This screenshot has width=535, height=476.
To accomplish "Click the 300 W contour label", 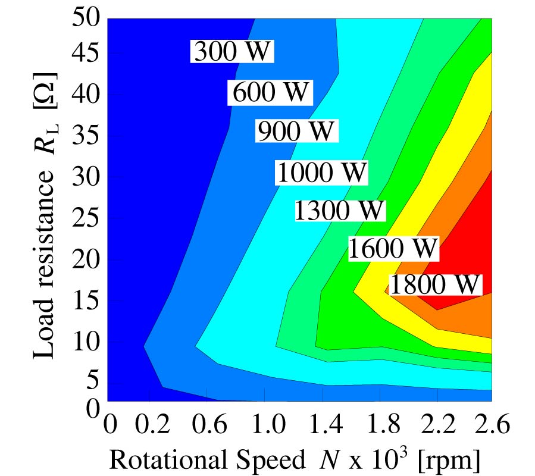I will pyautogui.click(x=232, y=52).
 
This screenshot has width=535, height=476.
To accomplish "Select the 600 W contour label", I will pyautogui.click(x=271, y=93).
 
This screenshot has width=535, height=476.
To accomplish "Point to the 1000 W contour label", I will pyautogui.click(x=322, y=173).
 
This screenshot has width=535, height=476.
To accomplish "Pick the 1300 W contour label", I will pyautogui.click(x=340, y=211).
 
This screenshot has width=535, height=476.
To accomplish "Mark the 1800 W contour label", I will pyautogui.click(x=434, y=285).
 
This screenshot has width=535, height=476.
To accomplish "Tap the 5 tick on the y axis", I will pyautogui.click(x=92, y=381).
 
